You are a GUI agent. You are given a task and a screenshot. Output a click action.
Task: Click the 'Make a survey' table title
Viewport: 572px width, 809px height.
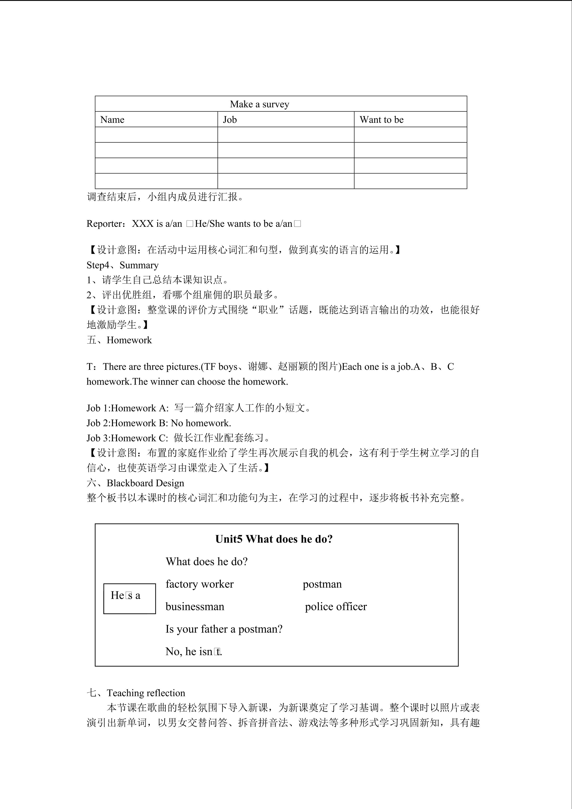[260, 104]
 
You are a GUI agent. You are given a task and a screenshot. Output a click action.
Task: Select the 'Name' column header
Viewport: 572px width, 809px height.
[112, 120]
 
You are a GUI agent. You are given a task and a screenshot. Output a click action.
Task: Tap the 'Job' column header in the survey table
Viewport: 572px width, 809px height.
[230, 120]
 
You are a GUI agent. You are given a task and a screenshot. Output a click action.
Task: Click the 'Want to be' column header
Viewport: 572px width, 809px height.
[381, 120]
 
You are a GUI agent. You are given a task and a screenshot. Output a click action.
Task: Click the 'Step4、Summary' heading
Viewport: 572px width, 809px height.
[123, 265]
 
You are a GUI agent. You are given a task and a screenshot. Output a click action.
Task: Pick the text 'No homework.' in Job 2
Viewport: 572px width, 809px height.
[201, 423]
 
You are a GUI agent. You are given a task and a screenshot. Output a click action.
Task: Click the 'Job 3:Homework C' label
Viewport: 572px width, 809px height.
[127, 438]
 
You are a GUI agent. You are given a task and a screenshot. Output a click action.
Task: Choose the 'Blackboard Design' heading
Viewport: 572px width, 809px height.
[145, 483]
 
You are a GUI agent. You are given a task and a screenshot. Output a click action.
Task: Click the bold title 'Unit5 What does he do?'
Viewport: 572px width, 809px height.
[274, 539]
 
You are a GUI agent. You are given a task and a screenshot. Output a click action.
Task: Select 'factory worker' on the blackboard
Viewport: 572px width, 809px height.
[199, 584]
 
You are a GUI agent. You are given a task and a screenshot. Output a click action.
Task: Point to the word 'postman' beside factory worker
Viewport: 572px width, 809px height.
[322, 584]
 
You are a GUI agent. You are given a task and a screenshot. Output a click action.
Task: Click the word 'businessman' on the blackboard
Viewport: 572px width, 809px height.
[195, 607]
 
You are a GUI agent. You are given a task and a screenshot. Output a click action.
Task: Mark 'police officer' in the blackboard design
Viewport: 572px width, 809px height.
[336, 607]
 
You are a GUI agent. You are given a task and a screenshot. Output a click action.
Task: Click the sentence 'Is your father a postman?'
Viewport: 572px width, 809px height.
[224, 629]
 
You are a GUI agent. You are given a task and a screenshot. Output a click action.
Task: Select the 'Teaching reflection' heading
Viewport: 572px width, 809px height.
[146, 693]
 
